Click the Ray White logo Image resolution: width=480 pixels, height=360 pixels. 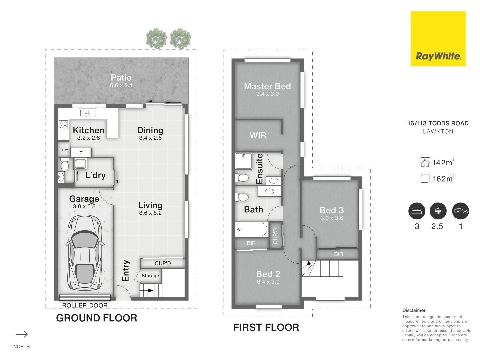[x=438, y=39]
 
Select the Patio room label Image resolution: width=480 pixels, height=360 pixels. [x=121, y=78]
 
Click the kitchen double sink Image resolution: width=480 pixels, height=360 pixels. [x=88, y=113]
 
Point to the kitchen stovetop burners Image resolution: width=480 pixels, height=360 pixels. [x=63, y=125]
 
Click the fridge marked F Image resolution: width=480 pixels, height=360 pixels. [x=81, y=152]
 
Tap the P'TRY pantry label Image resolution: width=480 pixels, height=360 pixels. [x=63, y=150]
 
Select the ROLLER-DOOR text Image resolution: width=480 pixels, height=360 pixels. [x=85, y=305]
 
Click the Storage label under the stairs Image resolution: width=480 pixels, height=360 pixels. [x=150, y=276]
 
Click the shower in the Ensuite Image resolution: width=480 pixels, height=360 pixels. [x=244, y=161]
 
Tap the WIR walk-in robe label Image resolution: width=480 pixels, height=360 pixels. [x=258, y=136]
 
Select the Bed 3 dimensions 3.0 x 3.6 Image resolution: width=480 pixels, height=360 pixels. [x=332, y=218]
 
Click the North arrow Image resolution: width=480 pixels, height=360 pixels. [x=22, y=334]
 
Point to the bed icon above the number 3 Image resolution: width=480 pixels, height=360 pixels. [x=417, y=211]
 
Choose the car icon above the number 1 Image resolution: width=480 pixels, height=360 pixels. [x=461, y=211]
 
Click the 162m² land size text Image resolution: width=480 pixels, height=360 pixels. [x=443, y=179]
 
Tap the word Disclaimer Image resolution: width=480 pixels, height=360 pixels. [x=414, y=310]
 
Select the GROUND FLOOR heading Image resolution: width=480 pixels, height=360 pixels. [x=97, y=318]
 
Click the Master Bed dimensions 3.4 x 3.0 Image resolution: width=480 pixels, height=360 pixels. [x=267, y=94]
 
